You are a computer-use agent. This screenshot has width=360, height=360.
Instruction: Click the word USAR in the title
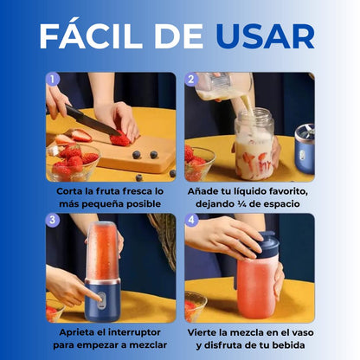pos(266,36)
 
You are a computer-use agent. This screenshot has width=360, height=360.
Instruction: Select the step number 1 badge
pos(53,80)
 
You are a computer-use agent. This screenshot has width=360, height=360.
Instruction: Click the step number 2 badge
pos(191,80)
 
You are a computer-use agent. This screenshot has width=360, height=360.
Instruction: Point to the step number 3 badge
pos(53,221)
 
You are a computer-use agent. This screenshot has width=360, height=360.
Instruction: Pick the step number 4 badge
pos(191,221)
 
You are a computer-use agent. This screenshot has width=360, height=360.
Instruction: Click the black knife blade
pos(93,120)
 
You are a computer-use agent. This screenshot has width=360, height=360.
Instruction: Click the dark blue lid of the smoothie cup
pos(267,245)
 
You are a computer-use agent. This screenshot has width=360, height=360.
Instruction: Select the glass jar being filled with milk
pos(254,145)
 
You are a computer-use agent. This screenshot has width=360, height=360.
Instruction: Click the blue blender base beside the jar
pos(305,149)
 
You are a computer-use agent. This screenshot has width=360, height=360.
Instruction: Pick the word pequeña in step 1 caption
pos(102,204)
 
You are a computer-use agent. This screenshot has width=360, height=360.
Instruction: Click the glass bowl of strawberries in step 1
pos(73,163)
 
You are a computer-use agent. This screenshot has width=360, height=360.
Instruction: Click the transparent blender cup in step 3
pos(102,251)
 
